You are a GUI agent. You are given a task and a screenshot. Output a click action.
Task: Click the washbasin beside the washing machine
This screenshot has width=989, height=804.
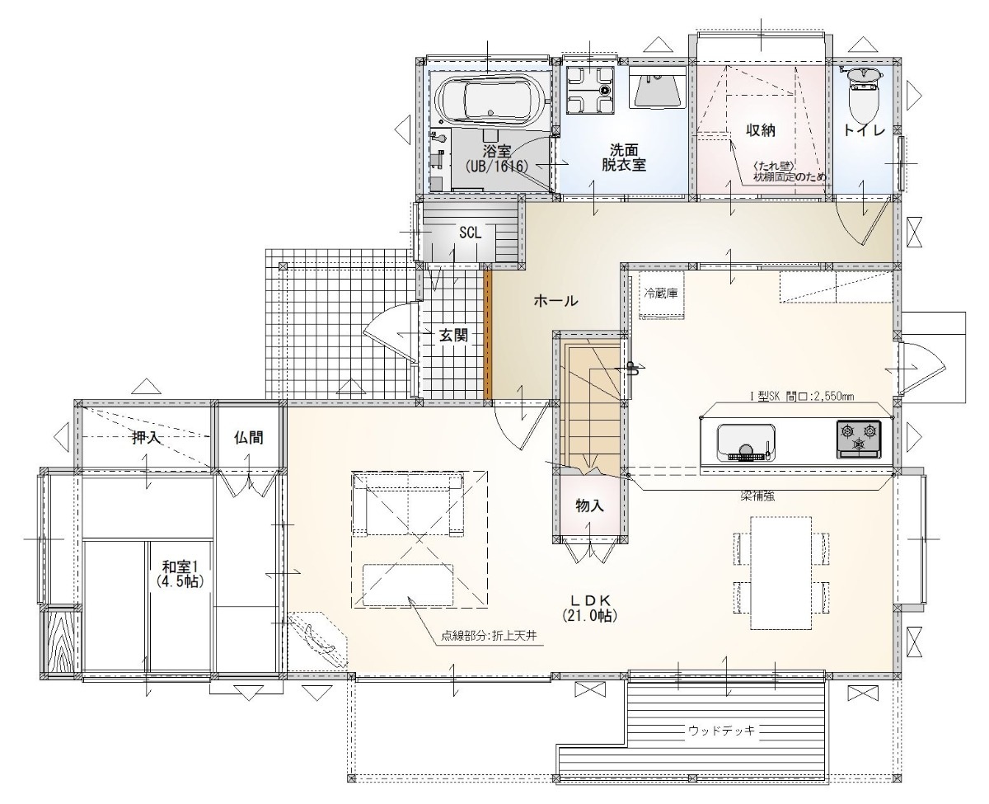tap(658, 91)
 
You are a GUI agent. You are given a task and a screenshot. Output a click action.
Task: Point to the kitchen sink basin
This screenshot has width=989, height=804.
tap(746, 442)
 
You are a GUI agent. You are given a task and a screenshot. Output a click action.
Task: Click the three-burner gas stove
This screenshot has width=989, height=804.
tap(859, 439)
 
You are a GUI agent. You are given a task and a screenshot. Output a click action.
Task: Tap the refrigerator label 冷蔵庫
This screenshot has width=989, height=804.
tap(661, 294)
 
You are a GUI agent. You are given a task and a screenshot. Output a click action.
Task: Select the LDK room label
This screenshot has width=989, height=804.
tap(590, 607)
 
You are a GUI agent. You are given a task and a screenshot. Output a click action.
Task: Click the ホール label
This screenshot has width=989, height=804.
tap(555, 301)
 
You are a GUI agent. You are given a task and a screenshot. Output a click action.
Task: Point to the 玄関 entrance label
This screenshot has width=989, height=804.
tap(453, 336)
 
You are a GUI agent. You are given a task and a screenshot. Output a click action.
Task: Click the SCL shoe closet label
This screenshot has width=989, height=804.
tap(470, 233)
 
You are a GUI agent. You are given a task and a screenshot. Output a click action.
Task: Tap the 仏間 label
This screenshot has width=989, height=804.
tap(248, 437)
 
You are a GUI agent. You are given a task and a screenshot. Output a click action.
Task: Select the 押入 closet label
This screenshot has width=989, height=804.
tap(147, 437)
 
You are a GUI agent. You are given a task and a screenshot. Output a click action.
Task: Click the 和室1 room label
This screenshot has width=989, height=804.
tap(180, 574)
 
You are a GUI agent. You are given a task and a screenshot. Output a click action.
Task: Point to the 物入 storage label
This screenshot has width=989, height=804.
tap(589, 505)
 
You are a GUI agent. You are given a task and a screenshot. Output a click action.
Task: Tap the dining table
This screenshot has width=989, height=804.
tap(781, 573)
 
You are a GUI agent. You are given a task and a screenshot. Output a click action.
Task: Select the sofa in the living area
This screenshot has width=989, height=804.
tap(408, 505)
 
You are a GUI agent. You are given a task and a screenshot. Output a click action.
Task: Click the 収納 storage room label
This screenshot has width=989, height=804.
tap(761, 130)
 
